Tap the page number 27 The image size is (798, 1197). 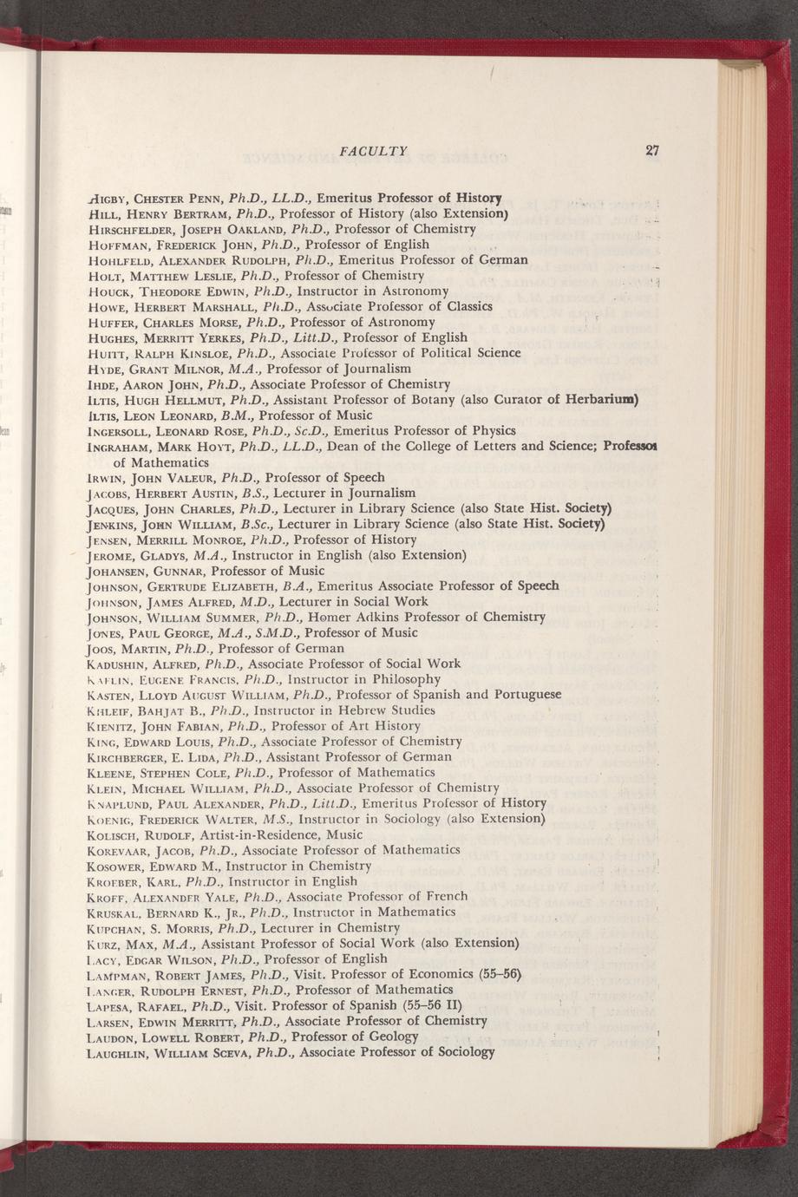point(652,150)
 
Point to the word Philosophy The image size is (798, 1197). point(402,679)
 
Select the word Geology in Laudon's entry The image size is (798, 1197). point(396,1037)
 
